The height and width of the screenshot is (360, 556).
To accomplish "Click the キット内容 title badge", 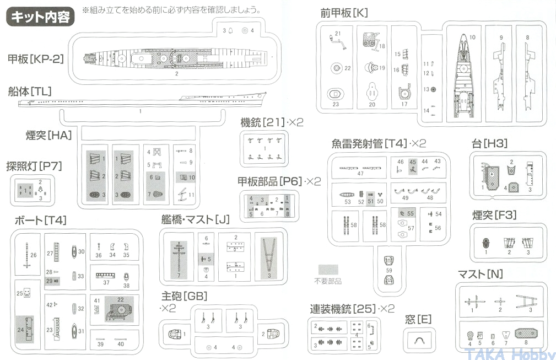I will tap(40, 16).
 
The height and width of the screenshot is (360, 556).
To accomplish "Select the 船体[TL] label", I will tap(30, 92).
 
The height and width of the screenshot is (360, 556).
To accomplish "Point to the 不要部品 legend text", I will tap(327, 281).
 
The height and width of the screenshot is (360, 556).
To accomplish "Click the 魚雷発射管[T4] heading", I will tap(379, 143).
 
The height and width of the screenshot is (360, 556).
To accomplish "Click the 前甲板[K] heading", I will tap(344, 13).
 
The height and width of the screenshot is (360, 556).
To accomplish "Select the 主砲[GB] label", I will tap(185, 296).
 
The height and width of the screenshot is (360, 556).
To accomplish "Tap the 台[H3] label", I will tap(489, 144).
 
